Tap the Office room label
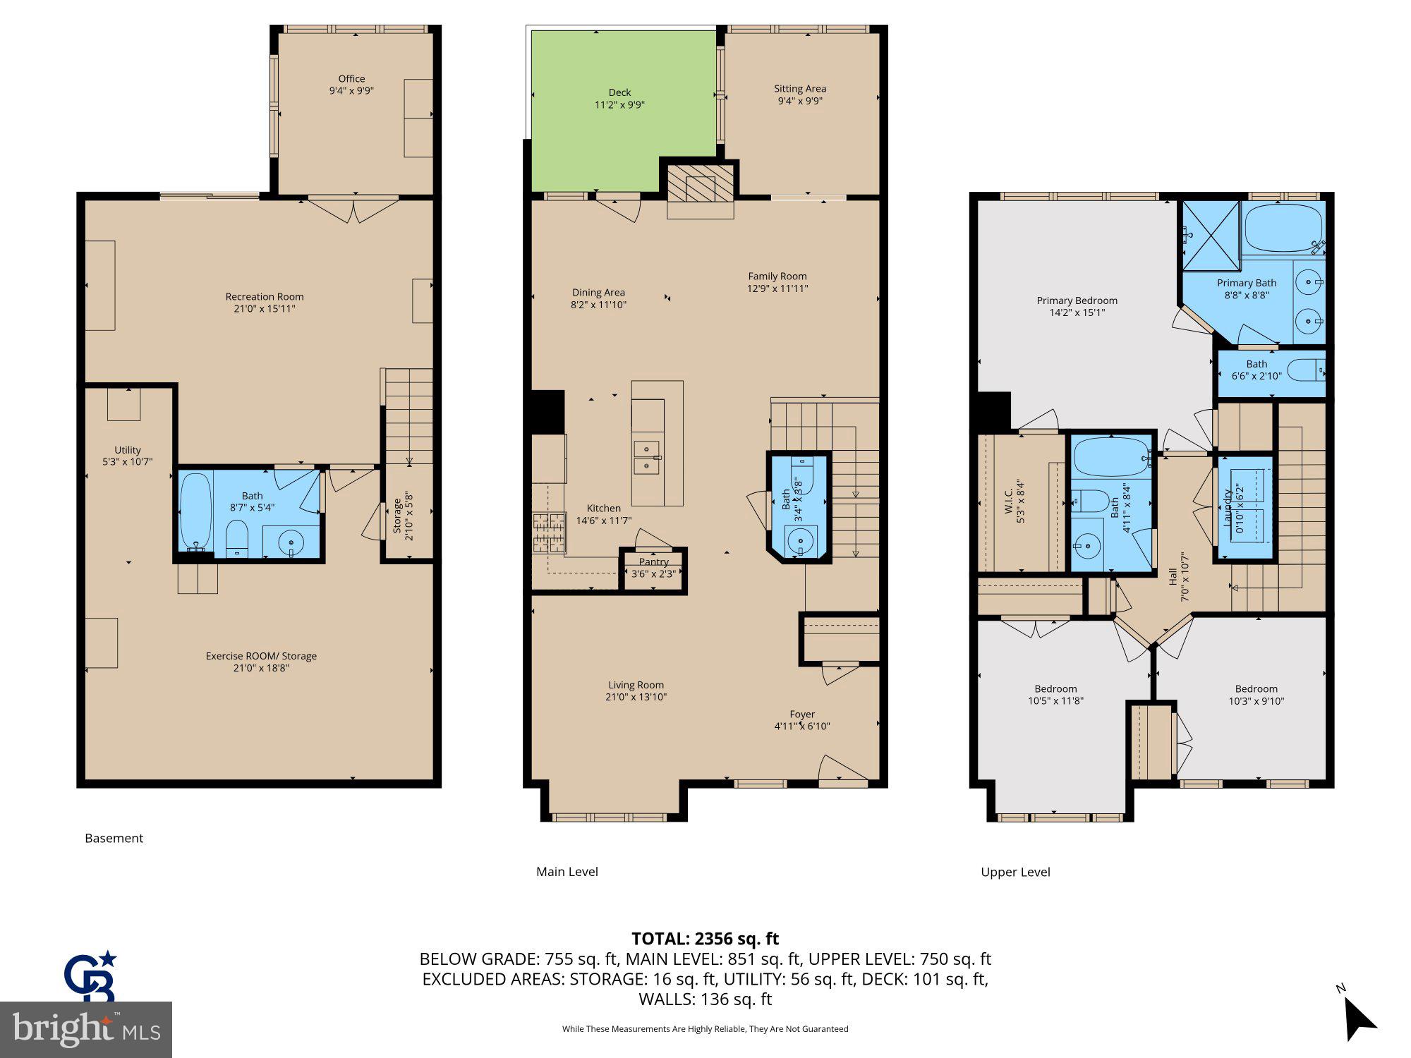(x=351, y=79)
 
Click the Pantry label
(x=653, y=562)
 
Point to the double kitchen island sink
(x=647, y=457)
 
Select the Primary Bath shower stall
(x=1211, y=236)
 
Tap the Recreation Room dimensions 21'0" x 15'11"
(x=265, y=309)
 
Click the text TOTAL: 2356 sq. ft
(x=705, y=939)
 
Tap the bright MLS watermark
(x=86, y=1030)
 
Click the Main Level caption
(x=567, y=872)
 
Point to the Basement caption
(x=114, y=838)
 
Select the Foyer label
(x=802, y=714)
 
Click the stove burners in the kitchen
(x=549, y=533)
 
